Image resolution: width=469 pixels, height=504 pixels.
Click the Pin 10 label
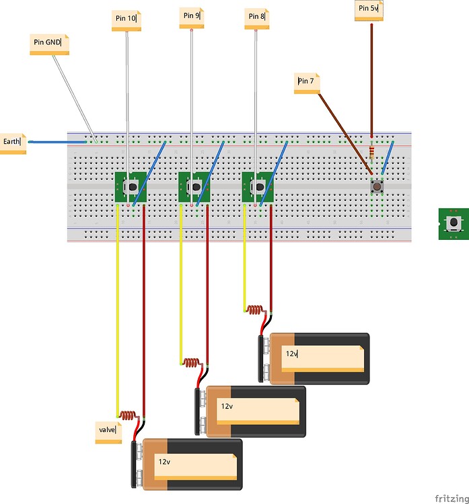coord(127,20)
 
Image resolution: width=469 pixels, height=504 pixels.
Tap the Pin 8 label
coord(256,17)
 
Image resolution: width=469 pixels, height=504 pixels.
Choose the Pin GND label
coord(50,44)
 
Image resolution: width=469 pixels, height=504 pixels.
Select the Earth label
coord(13,143)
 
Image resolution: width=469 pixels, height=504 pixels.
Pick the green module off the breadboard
coord(454,223)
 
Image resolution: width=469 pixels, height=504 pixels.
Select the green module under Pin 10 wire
coord(131,187)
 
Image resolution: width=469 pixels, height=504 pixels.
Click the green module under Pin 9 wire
coord(194,187)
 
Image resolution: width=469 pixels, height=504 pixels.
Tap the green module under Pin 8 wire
coord(258,187)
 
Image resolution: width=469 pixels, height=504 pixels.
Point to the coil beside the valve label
coord(127,415)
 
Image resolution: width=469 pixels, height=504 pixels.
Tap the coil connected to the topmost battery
coord(254,310)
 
